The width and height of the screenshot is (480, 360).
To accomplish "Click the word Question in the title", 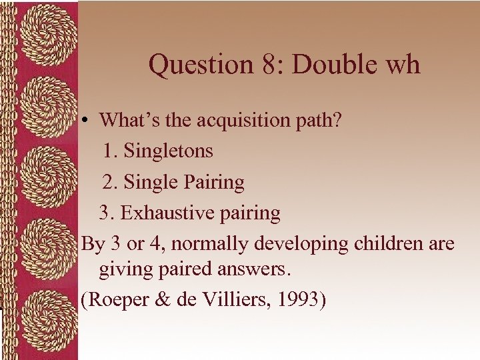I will pyautogui.click(x=198, y=65).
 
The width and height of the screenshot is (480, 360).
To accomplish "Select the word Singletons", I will pyautogui.click(x=169, y=151).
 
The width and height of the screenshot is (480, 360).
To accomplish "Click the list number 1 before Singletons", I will pyautogui.click(x=110, y=151).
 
